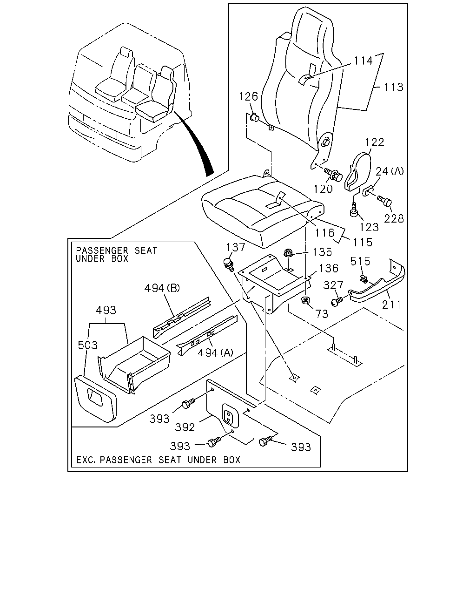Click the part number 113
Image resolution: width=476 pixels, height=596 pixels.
(394, 87)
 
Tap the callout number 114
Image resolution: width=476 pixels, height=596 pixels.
(364, 61)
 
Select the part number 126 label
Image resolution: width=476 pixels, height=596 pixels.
(248, 96)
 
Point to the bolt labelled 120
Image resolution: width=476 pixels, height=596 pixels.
(333, 174)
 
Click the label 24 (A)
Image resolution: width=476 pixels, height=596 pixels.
(390, 171)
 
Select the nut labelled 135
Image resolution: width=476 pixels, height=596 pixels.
(288, 253)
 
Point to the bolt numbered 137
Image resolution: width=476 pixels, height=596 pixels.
(229, 264)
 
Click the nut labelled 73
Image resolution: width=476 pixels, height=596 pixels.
(305, 300)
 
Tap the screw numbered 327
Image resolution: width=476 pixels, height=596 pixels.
(337, 301)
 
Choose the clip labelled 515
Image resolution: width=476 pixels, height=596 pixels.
(364, 279)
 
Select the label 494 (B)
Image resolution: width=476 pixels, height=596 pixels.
(162, 288)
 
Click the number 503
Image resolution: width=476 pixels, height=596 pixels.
(88, 345)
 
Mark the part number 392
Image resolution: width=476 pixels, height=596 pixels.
(185, 427)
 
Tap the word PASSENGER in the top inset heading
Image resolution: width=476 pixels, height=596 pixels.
(102, 251)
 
